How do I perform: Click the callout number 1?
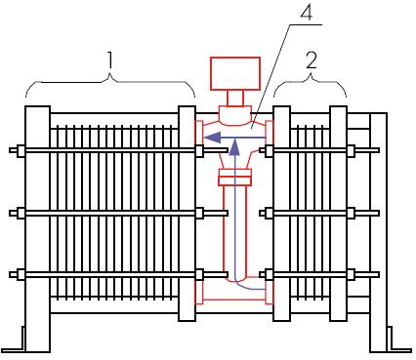click(x=110, y=60)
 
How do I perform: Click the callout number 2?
click(x=312, y=60)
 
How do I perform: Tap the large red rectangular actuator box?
click(x=235, y=73)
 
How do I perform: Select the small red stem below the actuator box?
click(x=235, y=98)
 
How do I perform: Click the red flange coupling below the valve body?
click(x=235, y=178)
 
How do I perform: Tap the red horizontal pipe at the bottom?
click(x=234, y=294)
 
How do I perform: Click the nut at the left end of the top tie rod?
click(x=21, y=150)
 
